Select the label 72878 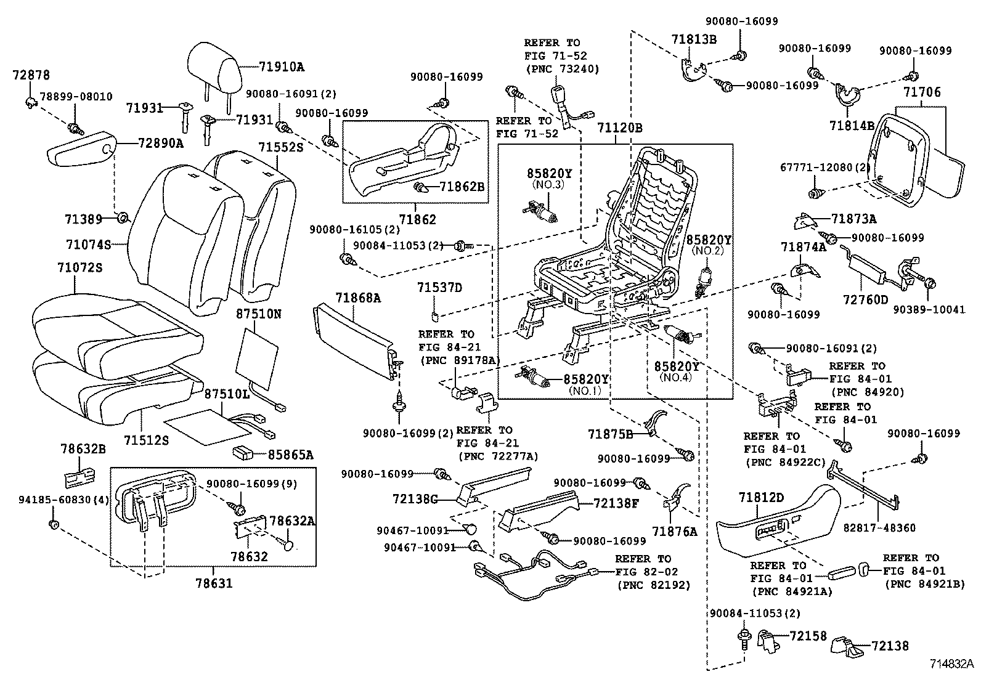click(x=31, y=76)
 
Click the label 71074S click(x=88, y=245)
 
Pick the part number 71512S click(x=146, y=440)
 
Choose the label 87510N click(x=259, y=314)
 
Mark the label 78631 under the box click(x=214, y=582)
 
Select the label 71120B click(x=619, y=128)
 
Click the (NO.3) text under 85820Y click(x=549, y=185)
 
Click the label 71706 click(x=922, y=93)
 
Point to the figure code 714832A click(x=951, y=665)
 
